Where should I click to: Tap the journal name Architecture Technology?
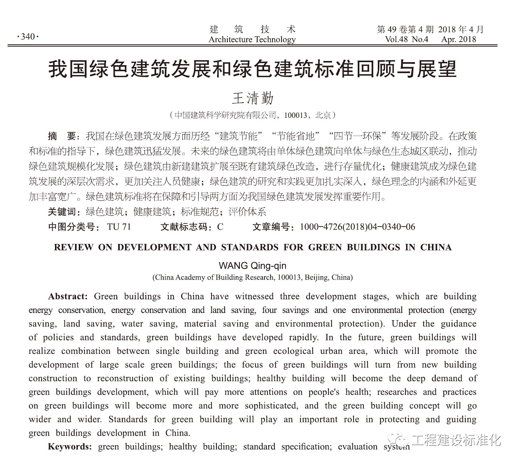coord(252,39)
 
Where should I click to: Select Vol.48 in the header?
coord(396,39)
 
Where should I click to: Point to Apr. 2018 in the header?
coord(459,39)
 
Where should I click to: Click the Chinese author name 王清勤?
coord(252,99)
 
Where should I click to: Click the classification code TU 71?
coord(119,227)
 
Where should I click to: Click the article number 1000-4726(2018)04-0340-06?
coord(357,227)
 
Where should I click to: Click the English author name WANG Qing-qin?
coord(252,266)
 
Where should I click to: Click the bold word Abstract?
coord(68,296)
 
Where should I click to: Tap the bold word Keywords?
coord(70,447)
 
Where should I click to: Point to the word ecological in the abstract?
coord(294,351)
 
